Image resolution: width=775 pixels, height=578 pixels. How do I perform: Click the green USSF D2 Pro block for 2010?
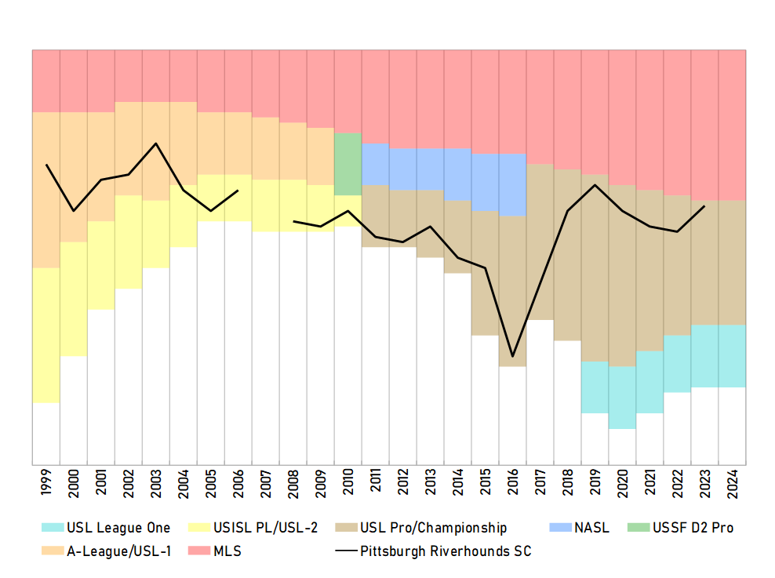(348, 164)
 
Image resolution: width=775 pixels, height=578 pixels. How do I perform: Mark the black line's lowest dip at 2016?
(513, 356)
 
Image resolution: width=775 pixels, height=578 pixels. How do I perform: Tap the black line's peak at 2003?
(156, 144)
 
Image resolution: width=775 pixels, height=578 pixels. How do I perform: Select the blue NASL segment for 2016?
(513, 185)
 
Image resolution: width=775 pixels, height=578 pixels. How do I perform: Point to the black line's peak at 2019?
(595, 185)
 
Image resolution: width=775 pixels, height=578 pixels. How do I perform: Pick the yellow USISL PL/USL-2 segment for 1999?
(46, 336)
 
